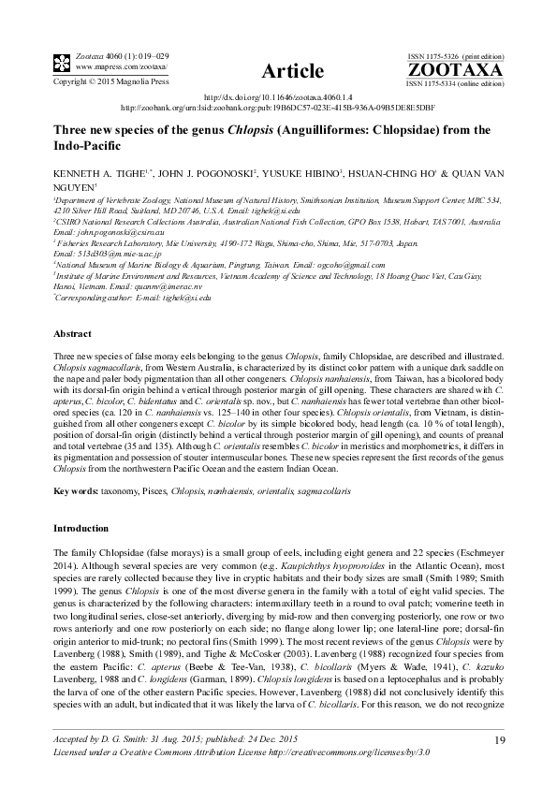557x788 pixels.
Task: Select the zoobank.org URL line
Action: (x=278, y=108)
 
